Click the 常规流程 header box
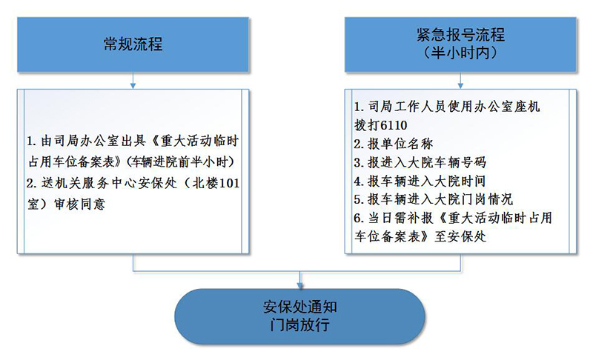(x=133, y=44)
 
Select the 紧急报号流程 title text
(x=460, y=35)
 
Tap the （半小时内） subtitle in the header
(x=460, y=53)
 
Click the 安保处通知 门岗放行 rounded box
(x=300, y=316)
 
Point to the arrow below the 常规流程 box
(x=133, y=81)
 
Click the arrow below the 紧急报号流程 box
(x=460, y=81)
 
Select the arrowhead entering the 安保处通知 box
(x=300, y=285)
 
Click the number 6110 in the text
(x=394, y=125)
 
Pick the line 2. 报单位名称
(x=394, y=144)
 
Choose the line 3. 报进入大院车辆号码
(x=420, y=162)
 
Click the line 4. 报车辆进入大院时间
(x=420, y=181)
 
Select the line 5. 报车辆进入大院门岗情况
(x=434, y=199)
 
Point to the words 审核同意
(x=80, y=204)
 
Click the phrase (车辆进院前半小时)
(x=180, y=162)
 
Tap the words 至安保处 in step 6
(x=460, y=237)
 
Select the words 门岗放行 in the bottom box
(x=300, y=324)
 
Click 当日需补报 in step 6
(x=400, y=218)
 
